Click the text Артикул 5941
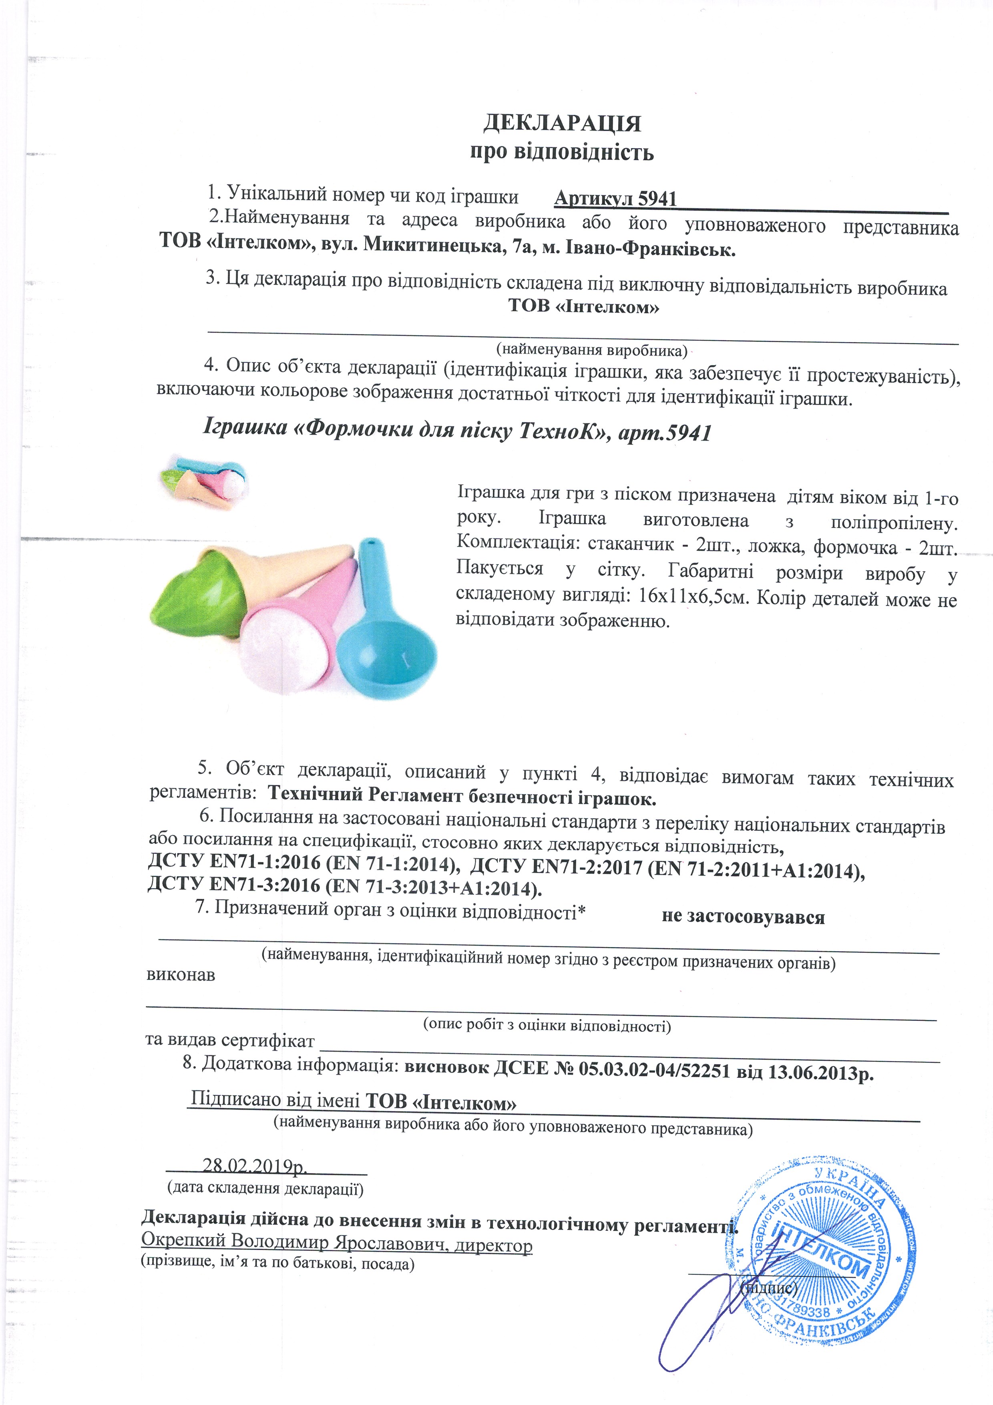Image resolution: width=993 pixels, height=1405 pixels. [615, 199]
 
